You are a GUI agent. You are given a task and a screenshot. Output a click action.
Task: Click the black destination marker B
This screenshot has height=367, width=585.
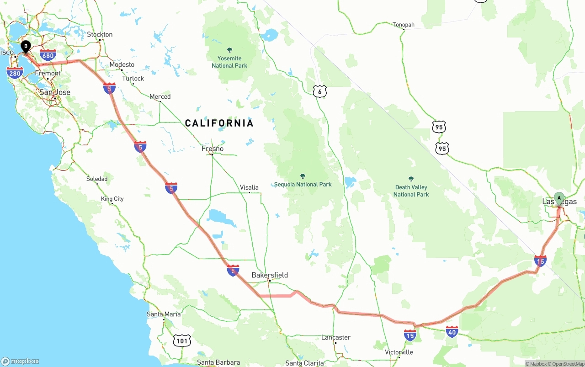(26, 46)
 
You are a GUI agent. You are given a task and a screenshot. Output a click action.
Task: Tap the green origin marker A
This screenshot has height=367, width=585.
(558, 198)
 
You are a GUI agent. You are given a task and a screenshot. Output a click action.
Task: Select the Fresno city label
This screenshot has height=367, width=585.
(213, 149)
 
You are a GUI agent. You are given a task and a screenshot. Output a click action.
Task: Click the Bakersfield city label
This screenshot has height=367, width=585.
(270, 275)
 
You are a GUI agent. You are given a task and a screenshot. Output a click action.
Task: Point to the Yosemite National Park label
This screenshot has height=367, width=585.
(229, 62)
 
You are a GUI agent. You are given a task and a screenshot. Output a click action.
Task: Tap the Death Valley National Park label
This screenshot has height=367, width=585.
(411, 191)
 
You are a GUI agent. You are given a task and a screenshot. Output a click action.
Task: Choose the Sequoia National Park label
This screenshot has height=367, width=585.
(303, 184)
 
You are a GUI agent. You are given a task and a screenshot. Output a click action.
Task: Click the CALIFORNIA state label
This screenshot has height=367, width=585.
(219, 123)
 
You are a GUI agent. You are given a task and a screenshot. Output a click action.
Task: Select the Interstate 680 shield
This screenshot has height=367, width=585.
(48, 55)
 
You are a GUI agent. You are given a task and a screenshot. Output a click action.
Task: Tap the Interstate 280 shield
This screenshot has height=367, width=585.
(15, 72)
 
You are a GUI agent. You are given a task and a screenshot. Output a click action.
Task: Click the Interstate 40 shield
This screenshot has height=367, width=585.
(452, 332)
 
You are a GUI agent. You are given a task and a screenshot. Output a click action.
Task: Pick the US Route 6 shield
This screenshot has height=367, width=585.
(320, 91)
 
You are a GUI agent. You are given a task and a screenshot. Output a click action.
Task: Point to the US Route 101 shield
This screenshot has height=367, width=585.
(182, 340)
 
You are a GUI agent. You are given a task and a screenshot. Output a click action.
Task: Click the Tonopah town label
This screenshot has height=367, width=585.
(404, 25)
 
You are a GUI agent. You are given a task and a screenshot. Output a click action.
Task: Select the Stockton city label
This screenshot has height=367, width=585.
(100, 34)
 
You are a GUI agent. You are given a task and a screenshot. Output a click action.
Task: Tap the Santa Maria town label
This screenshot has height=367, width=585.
(164, 314)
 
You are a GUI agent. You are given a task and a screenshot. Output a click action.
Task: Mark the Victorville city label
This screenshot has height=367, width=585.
(399, 352)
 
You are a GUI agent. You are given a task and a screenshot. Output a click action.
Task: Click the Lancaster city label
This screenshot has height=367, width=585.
(336, 337)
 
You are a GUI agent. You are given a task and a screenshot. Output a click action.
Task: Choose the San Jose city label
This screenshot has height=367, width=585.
(55, 92)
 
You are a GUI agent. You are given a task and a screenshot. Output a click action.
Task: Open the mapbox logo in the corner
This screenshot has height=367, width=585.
(20, 361)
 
